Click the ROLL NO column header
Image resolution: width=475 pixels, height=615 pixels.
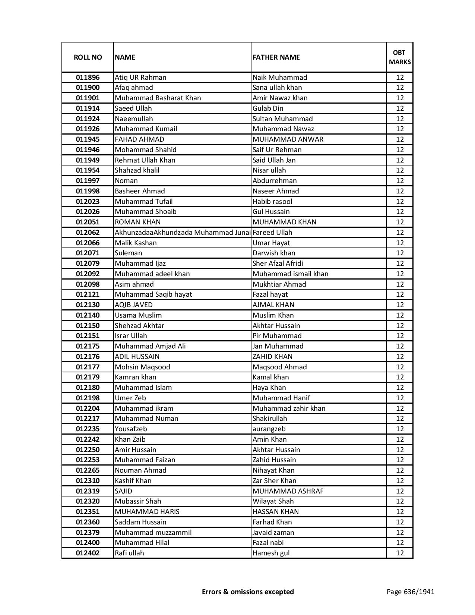pos(88,57)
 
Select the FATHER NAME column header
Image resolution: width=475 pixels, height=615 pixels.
pos(276,57)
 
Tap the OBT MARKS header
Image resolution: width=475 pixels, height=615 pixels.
pos(400,57)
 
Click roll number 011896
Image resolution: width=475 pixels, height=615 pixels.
pos(88,78)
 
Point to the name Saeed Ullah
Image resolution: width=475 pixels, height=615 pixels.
pos(133,108)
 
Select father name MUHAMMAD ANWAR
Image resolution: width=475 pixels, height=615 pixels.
pos(288,139)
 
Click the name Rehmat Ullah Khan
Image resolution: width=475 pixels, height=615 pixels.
pos(145,160)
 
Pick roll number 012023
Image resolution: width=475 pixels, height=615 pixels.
pos(88,202)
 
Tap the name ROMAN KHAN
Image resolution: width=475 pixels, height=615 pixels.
pos(138,222)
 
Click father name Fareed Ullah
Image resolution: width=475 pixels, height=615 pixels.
pos(272,233)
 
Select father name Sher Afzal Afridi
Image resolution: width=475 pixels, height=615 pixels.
pos(278,264)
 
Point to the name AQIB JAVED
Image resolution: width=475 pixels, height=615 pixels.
pos(134,305)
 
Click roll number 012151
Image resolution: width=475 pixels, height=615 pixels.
pos(88,336)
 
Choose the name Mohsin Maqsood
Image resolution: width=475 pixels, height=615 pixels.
pos(142,367)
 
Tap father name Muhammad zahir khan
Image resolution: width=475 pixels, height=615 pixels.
pos(289,409)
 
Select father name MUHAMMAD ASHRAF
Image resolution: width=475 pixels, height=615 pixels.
pos(288,491)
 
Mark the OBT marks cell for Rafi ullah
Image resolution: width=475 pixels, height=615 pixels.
pos(400,553)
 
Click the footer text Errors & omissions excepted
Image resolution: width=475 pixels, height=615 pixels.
pos(248,592)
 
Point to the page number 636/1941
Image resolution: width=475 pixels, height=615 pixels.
pos(411,592)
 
